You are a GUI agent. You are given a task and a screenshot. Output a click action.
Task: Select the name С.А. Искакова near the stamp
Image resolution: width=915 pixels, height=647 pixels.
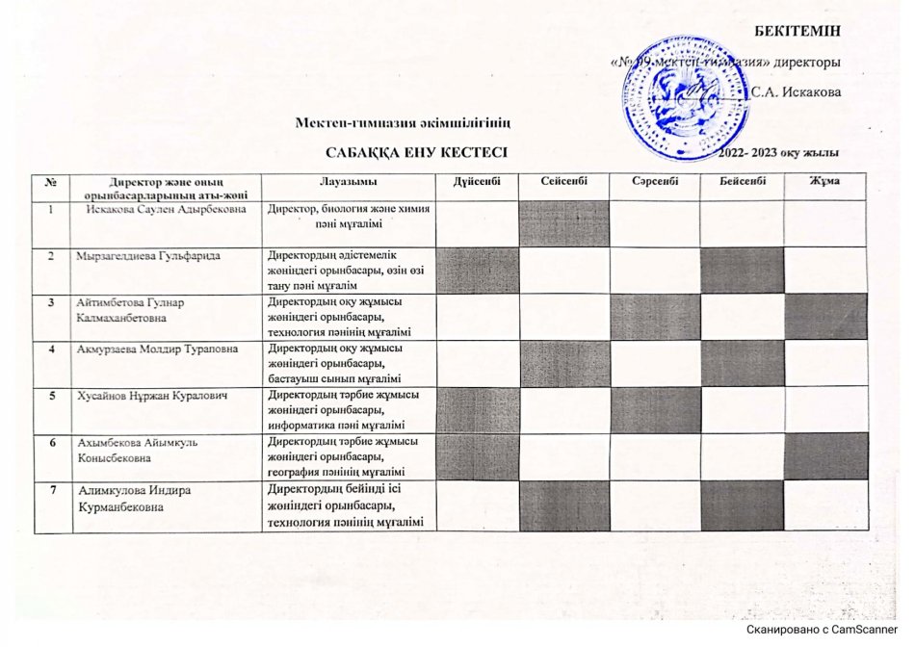(x=796, y=92)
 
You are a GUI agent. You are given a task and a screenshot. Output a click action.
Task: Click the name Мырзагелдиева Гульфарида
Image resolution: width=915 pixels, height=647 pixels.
(x=149, y=255)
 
